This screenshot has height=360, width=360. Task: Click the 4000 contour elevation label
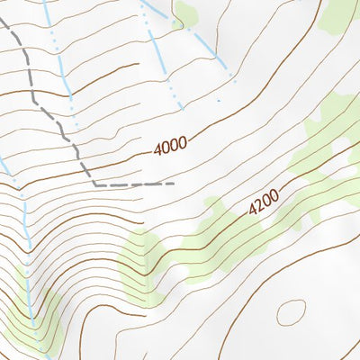pos(170,146)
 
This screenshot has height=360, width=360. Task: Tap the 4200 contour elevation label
pos(265,203)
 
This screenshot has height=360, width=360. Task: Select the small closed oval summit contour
pos(291,312)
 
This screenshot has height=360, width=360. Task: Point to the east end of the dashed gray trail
pos(173,184)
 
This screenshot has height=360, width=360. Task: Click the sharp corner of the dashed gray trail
pos(94,184)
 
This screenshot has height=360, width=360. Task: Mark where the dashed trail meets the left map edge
pos(2,20)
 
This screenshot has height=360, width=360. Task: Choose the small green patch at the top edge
pos(187,13)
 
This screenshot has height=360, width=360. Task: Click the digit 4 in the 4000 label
pos(158,150)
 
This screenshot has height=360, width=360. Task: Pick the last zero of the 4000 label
pos(183,141)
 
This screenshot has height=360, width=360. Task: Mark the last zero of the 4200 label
pos(275,195)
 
